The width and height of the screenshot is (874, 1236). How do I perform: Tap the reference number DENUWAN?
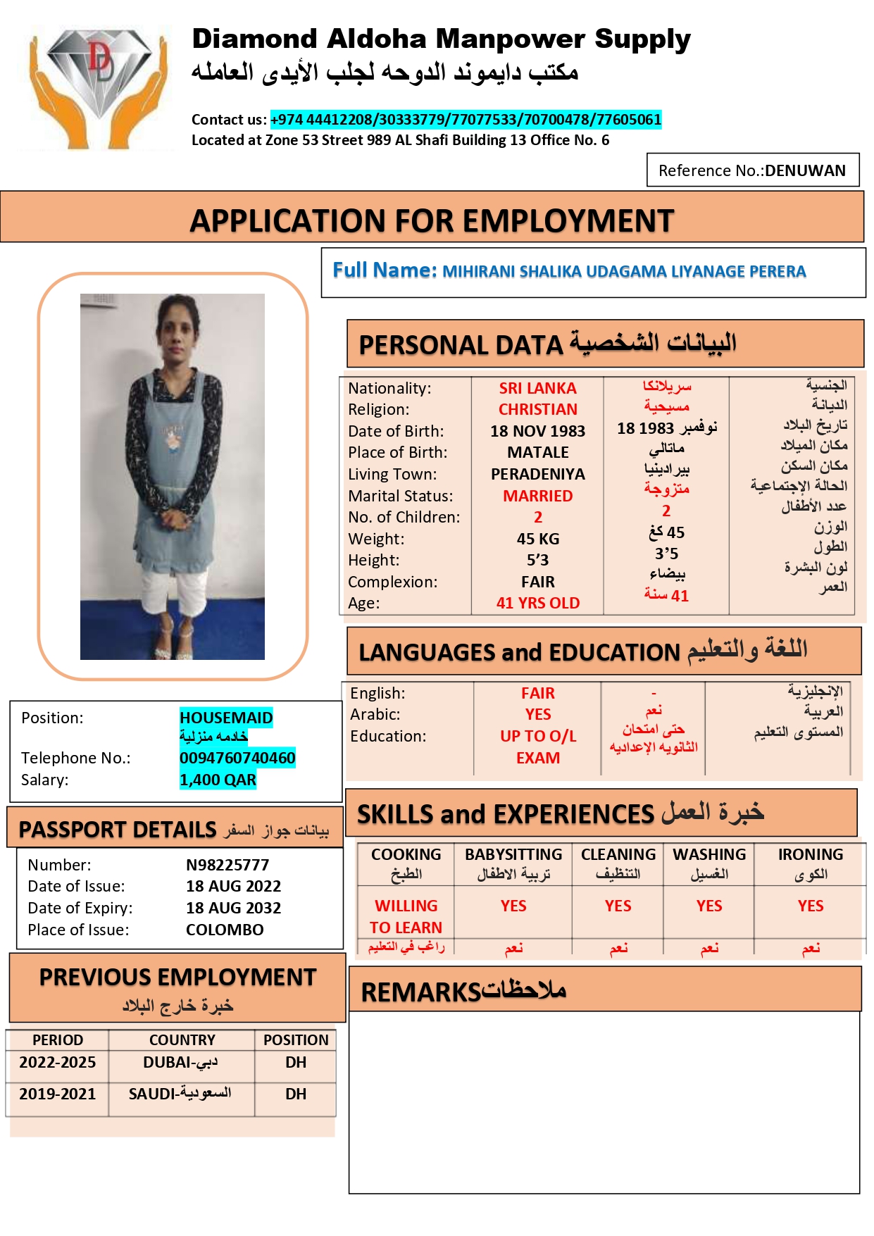pos(805,171)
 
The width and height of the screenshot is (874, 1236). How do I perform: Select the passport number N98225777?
pos(227,865)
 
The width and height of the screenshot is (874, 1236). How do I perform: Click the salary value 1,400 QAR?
pos(218,780)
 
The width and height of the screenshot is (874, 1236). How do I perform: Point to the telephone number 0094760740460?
pos(237,758)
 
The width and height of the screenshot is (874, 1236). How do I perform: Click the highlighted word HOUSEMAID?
pos(226,718)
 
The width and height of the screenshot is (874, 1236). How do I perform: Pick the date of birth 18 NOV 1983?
pos(538,431)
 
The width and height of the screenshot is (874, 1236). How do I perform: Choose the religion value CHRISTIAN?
pos(538,409)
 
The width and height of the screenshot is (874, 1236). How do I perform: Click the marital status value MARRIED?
pos(538,496)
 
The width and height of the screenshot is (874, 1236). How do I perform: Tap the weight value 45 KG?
pos(538,539)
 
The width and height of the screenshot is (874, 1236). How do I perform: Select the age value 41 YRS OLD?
pos(538,603)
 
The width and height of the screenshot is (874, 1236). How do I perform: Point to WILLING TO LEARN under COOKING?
pos(406,916)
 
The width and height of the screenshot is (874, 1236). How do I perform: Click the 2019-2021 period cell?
pos(57,1094)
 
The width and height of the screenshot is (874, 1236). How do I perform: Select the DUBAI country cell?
pos(181,1063)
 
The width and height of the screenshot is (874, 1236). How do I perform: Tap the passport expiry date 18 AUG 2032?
pos(233,908)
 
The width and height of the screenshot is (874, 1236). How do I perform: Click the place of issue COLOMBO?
pos(225,930)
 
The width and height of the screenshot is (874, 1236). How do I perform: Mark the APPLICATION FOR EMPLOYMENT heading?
pos(432,220)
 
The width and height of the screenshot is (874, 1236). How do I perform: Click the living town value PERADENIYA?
pos(538,474)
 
